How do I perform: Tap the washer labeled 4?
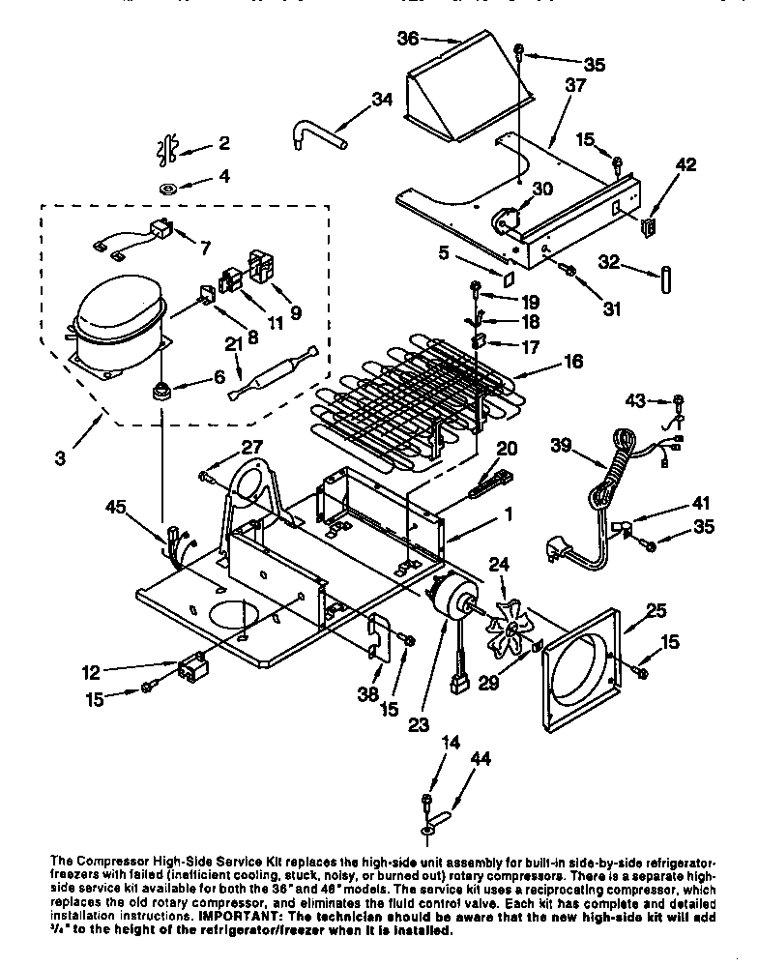pyautogui.click(x=167, y=186)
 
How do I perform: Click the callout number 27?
pyautogui.click(x=252, y=446)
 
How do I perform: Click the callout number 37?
pyautogui.click(x=575, y=86)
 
